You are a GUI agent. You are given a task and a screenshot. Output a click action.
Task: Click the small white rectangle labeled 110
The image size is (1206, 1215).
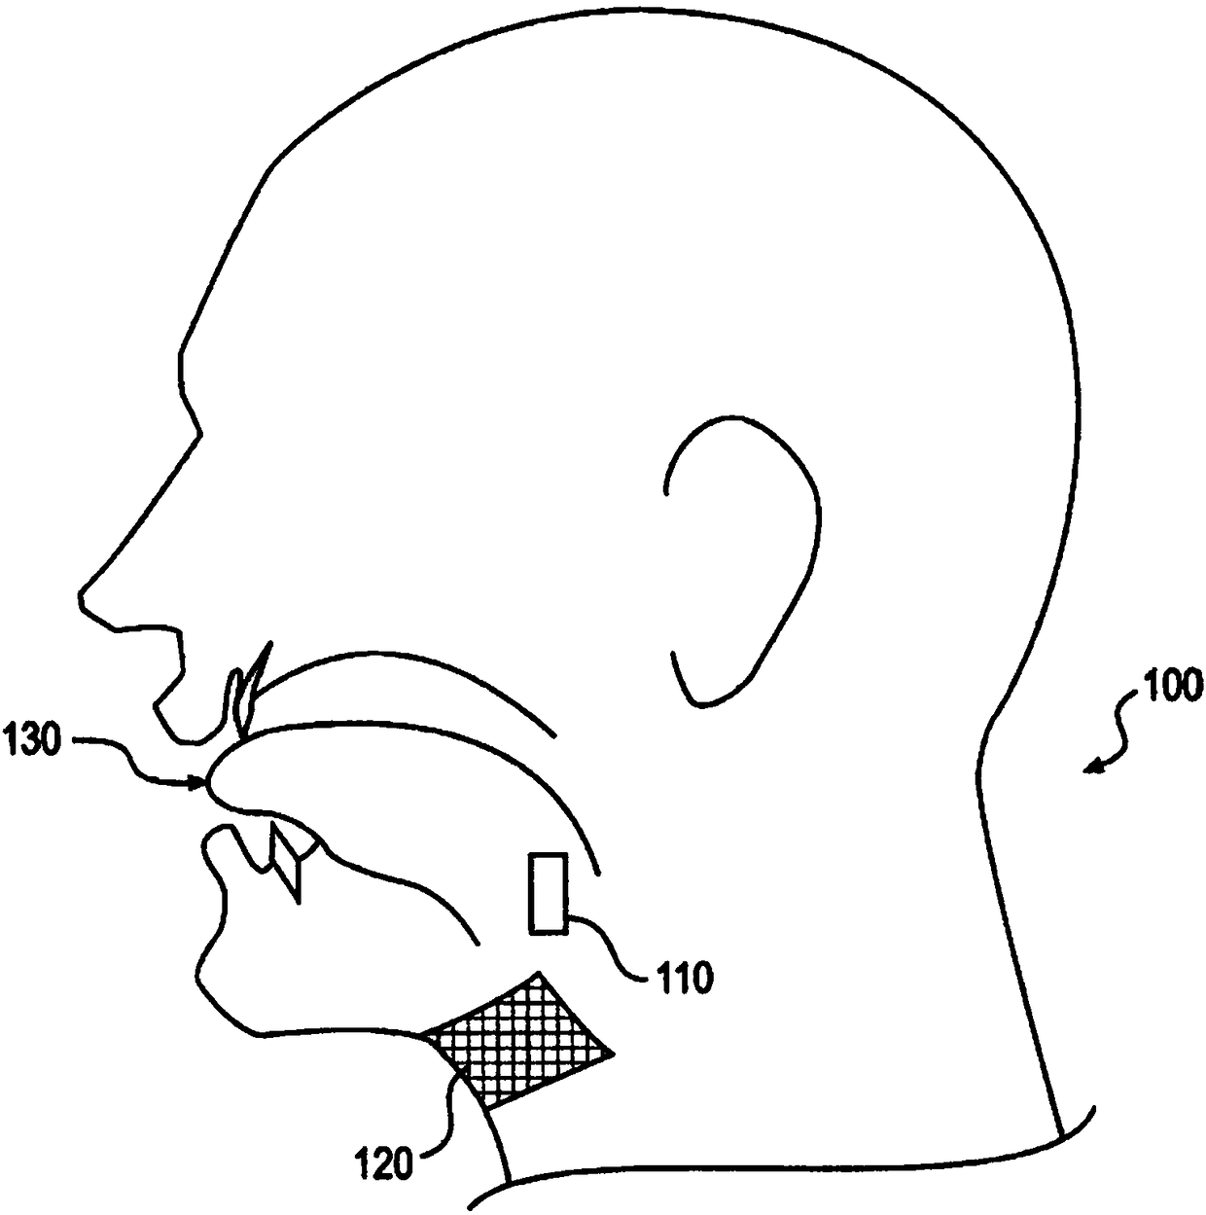pos(548,893)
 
